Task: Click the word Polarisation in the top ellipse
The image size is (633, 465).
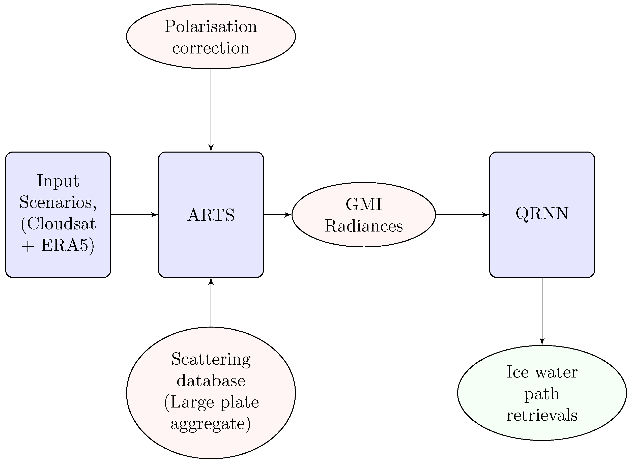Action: click(x=211, y=27)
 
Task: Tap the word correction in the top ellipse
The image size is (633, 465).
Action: click(x=211, y=48)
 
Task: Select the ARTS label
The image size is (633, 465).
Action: click(x=211, y=215)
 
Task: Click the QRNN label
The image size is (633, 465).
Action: click(x=542, y=214)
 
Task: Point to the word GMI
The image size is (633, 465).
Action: click(x=364, y=204)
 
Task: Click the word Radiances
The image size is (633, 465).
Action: click(x=364, y=226)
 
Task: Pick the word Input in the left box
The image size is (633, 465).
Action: click(x=58, y=181)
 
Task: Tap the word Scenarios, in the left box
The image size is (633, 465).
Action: click(x=58, y=202)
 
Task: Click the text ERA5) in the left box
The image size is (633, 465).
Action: click(x=68, y=246)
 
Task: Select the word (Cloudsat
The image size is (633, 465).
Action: click(x=58, y=224)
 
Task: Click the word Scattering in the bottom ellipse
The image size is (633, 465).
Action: click(x=211, y=359)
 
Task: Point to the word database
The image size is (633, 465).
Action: click(x=211, y=381)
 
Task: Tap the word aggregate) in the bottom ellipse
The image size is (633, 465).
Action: click(x=211, y=424)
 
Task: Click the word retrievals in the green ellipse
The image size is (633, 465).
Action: click(x=542, y=415)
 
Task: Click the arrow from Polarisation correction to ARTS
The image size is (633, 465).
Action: click(x=211, y=110)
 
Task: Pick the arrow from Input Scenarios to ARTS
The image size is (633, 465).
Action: click(x=134, y=215)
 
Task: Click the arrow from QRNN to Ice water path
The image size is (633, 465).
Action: click(x=542, y=311)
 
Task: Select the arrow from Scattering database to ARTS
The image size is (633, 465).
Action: click(x=211, y=303)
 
